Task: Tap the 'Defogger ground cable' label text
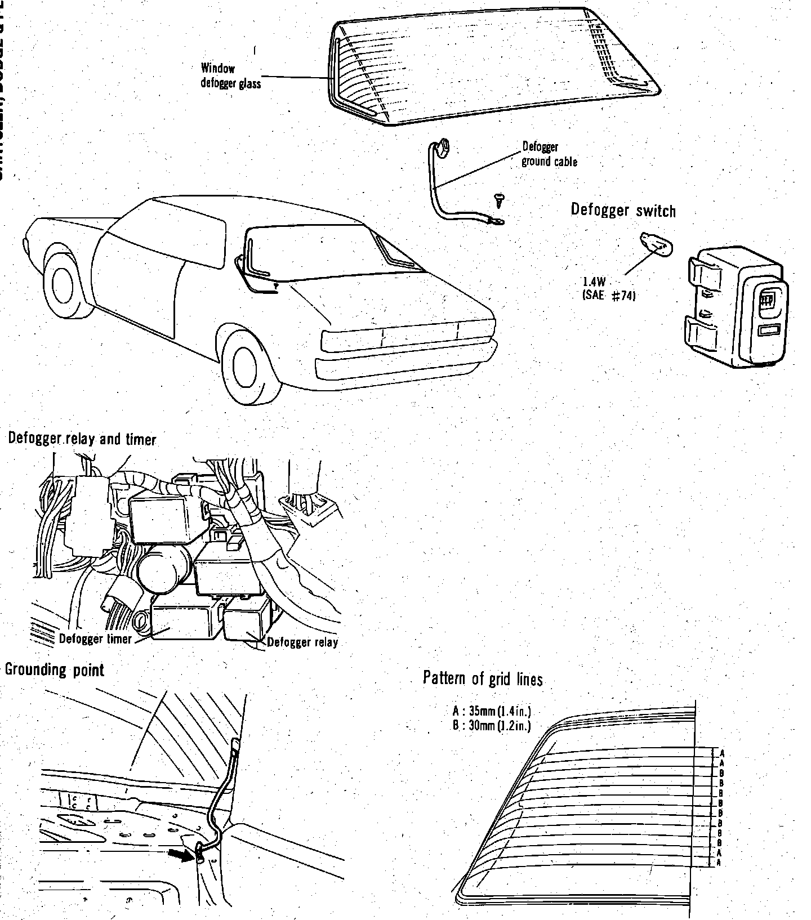click(x=549, y=154)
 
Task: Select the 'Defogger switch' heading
click(x=623, y=210)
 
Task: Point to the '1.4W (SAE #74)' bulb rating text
click(x=608, y=289)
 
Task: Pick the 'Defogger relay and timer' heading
click(x=82, y=439)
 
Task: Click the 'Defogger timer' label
click(x=95, y=639)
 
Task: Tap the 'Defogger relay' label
click(x=302, y=642)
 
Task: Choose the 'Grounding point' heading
click(x=55, y=670)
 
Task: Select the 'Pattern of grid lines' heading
click(x=483, y=678)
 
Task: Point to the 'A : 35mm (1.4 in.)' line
click(x=492, y=711)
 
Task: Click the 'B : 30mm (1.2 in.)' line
click(x=492, y=725)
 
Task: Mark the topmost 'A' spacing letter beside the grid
click(x=722, y=753)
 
